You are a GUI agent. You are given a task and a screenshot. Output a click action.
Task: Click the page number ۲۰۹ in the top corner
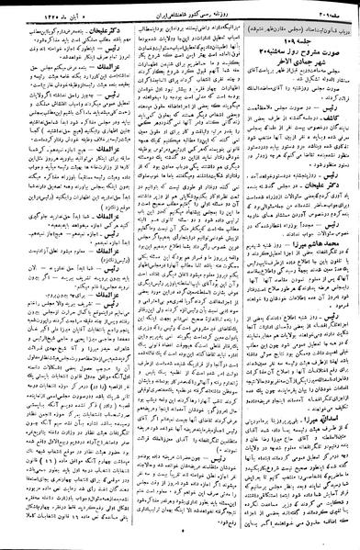(328, 13)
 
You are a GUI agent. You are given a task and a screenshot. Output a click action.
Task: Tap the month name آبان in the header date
(45, 13)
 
